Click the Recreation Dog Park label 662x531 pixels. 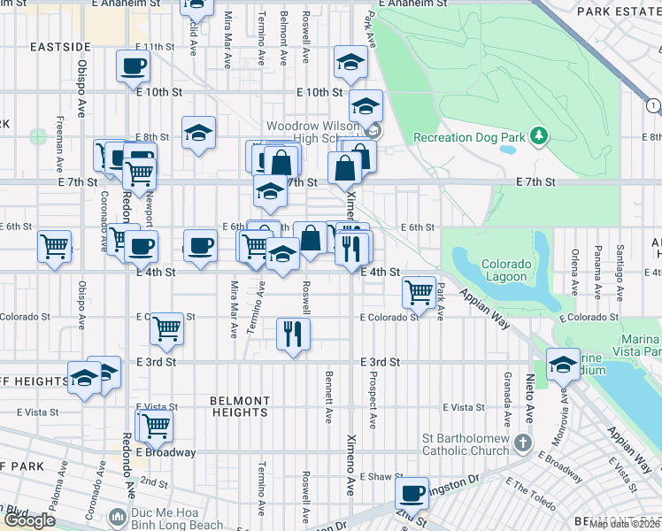(x=469, y=137)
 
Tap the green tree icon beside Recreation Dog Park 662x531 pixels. (x=537, y=136)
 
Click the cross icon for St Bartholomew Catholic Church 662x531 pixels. (x=523, y=442)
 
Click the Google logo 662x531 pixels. (x=28, y=520)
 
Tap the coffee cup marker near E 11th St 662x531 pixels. (x=133, y=65)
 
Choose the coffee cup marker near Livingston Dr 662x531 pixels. (x=412, y=493)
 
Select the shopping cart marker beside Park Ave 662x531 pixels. (x=418, y=290)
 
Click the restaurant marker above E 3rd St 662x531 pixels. (x=293, y=334)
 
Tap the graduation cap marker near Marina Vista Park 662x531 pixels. (x=563, y=365)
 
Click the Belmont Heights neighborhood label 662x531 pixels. (x=239, y=406)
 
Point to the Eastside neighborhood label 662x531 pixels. (x=59, y=46)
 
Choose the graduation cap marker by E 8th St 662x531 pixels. (x=199, y=133)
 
